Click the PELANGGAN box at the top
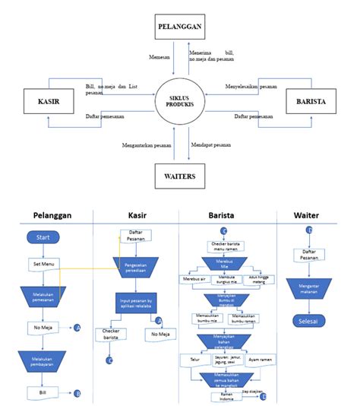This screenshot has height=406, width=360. pos(179,27)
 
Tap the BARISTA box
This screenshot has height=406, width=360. pos(310,101)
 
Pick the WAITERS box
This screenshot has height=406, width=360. pos(179,176)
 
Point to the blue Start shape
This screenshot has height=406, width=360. pos(43,237)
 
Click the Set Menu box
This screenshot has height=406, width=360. pos(42,264)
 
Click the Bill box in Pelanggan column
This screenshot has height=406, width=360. pos(42,392)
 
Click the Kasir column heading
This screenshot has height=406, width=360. pos(137,215)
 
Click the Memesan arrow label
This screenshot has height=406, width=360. pos(159,56)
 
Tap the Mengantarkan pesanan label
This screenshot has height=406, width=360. pos(147,144)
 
